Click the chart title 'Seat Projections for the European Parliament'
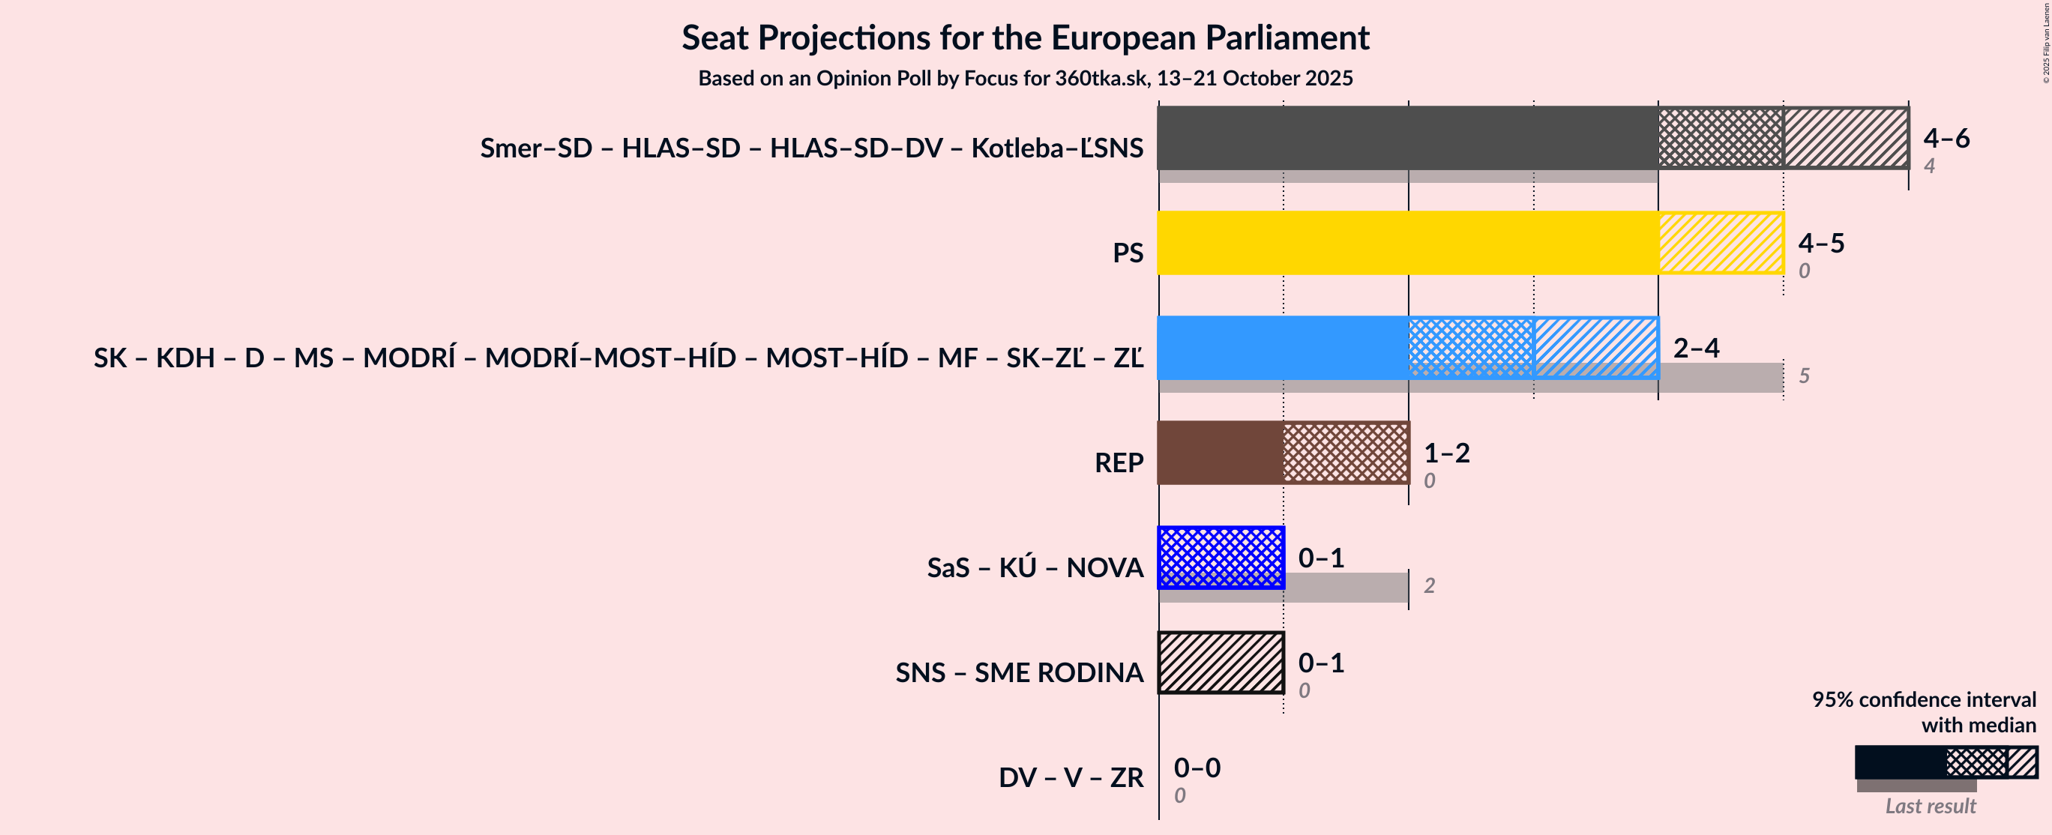1025,38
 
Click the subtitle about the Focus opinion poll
1025,78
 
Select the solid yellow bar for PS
1407,243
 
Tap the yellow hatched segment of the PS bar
1721,243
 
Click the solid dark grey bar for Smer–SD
1407,138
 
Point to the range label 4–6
1946,139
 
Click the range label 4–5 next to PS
1820,243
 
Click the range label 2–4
1695,349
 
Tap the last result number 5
1804,376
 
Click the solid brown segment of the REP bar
1220,453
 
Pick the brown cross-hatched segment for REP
1346,453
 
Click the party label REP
1119,463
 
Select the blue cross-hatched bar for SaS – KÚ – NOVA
1221,558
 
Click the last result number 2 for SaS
1429,585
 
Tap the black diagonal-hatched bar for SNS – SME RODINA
1221,663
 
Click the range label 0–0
1197,768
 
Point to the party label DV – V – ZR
1071,777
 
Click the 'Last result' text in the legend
1929,807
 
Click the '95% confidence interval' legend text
1923,699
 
